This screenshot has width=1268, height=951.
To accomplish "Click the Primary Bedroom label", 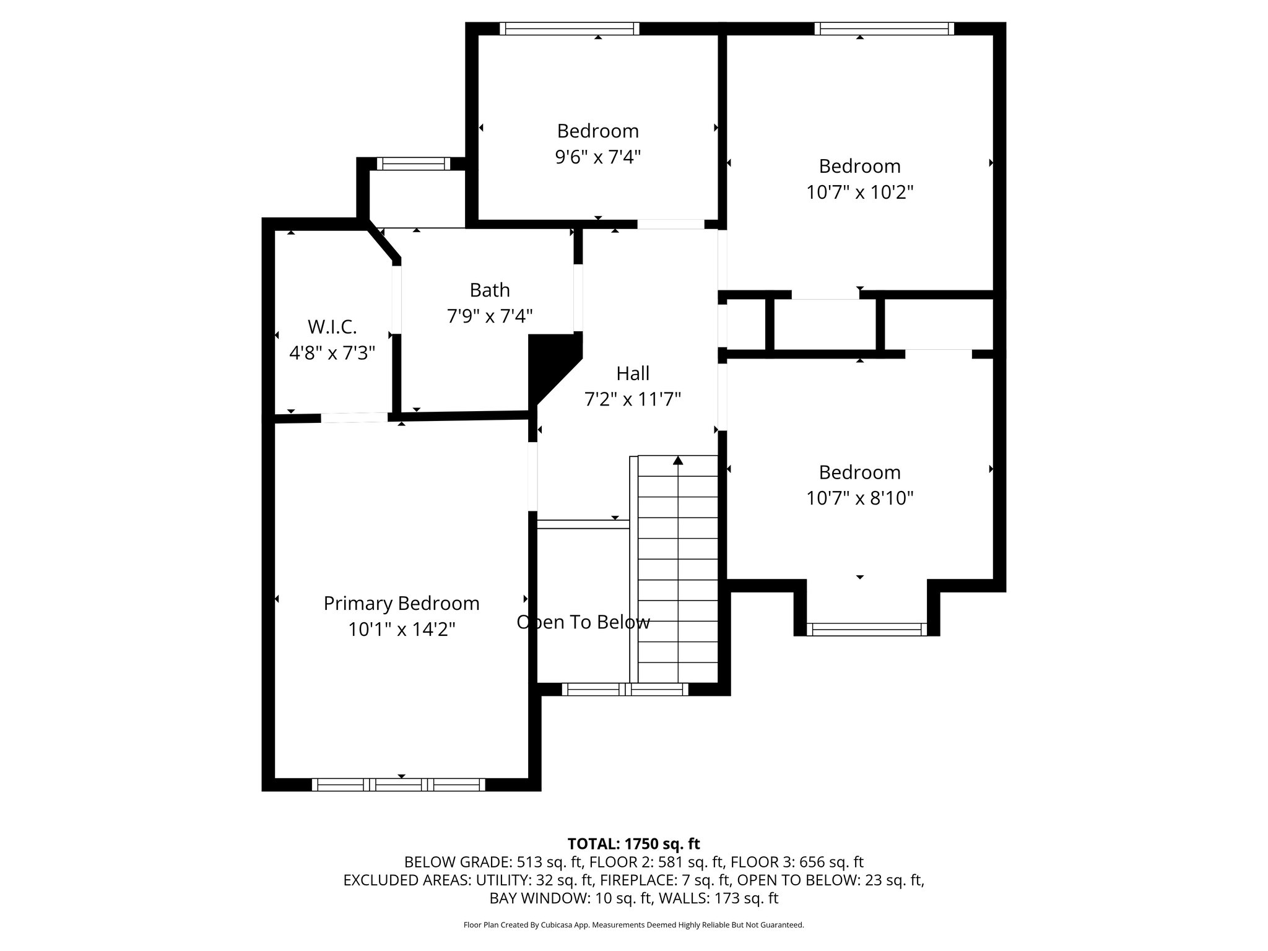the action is tap(401, 604).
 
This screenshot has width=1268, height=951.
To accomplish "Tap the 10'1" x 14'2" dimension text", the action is tap(401, 630).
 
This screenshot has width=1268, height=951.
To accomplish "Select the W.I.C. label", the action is tap(332, 327).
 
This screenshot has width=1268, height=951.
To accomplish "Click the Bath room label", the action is tap(490, 290).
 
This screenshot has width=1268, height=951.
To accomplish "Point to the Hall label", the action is tap(633, 373).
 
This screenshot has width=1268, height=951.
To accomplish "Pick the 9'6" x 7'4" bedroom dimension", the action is tap(597, 157).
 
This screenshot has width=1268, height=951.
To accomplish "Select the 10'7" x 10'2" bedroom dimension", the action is tap(860, 193).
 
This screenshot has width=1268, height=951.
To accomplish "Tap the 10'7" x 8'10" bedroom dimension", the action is tap(860, 498).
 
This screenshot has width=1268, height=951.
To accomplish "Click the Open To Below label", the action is tap(583, 622).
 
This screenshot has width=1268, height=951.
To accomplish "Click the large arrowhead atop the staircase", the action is tap(678, 460).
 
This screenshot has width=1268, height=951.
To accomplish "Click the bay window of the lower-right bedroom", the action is tap(867, 629).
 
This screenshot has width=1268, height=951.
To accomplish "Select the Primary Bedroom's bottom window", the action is tap(398, 784).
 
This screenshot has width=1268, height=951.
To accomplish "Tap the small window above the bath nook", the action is tap(414, 164).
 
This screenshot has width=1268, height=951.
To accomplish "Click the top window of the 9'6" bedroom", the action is tap(570, 28).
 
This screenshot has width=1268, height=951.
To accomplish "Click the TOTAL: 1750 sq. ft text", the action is tap(633, 844).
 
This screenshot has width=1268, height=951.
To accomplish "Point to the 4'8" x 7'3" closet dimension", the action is tap(332, 354).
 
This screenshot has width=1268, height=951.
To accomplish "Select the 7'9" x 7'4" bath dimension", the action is tap(490, 316).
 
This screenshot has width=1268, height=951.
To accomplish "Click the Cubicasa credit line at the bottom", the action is tap(633, 925).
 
